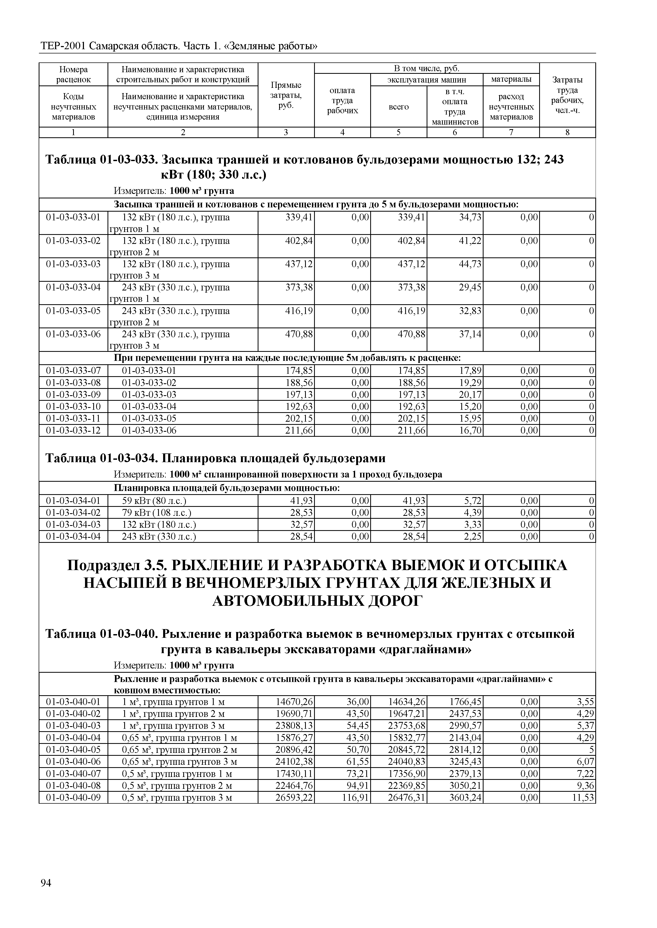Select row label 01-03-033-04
pos(73,288)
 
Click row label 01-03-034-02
pos(73,513)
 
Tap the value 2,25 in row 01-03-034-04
pos(472,537)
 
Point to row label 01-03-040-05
pos(73,750)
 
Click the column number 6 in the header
pos(455,133)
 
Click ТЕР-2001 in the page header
pos(63,47)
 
